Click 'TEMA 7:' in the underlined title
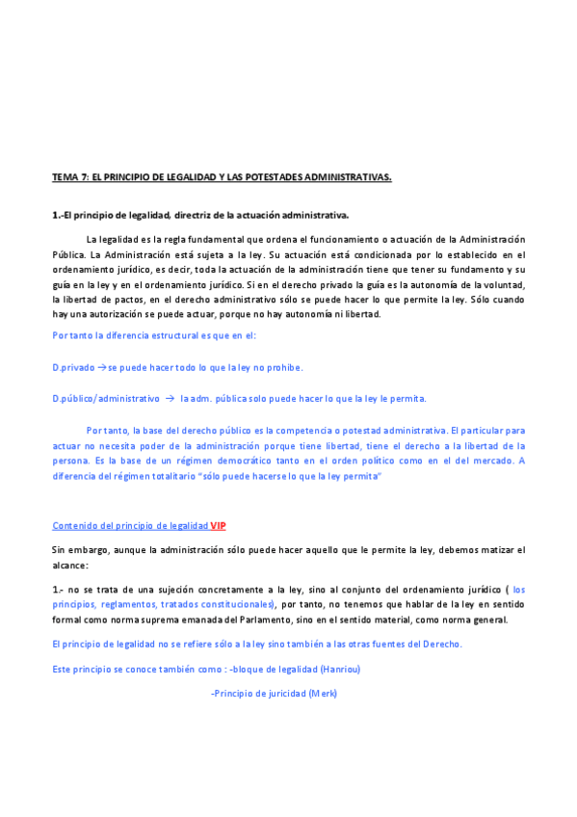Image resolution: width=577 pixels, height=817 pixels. click(69, 177)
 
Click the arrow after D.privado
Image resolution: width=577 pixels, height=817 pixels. click(100, 367)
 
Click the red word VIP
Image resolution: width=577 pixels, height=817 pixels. click(219, 525)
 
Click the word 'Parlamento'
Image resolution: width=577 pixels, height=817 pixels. click(281, 619)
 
